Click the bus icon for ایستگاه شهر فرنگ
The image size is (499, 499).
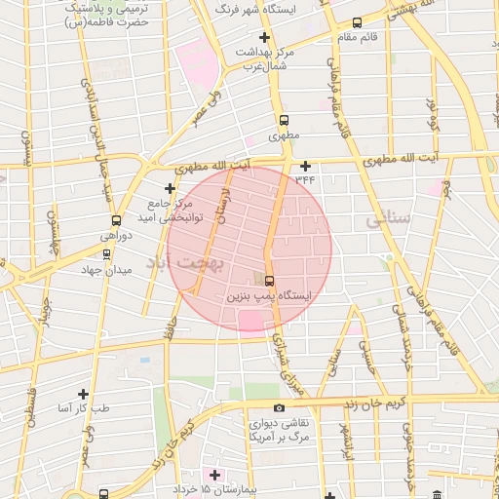[x=357, y=22]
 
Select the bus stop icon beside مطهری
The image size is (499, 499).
[x=284, y=121]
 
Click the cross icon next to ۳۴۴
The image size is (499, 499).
[x=306, y=166]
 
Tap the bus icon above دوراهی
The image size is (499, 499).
[x=117, y=220]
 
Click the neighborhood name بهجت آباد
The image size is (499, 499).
[x=185, y=262]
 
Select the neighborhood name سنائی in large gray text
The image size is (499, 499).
[x=388, y=221]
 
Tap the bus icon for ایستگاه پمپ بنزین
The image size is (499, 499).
[x=269, y=282]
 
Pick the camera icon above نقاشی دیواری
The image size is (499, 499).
[x=280, y=407]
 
